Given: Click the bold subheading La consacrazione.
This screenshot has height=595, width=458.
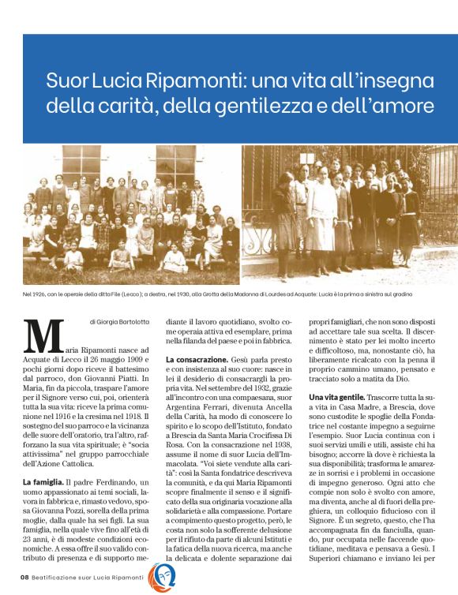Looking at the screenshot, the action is coord(198,361).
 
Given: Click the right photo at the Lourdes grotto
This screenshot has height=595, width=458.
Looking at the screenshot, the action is coord(349,215).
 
